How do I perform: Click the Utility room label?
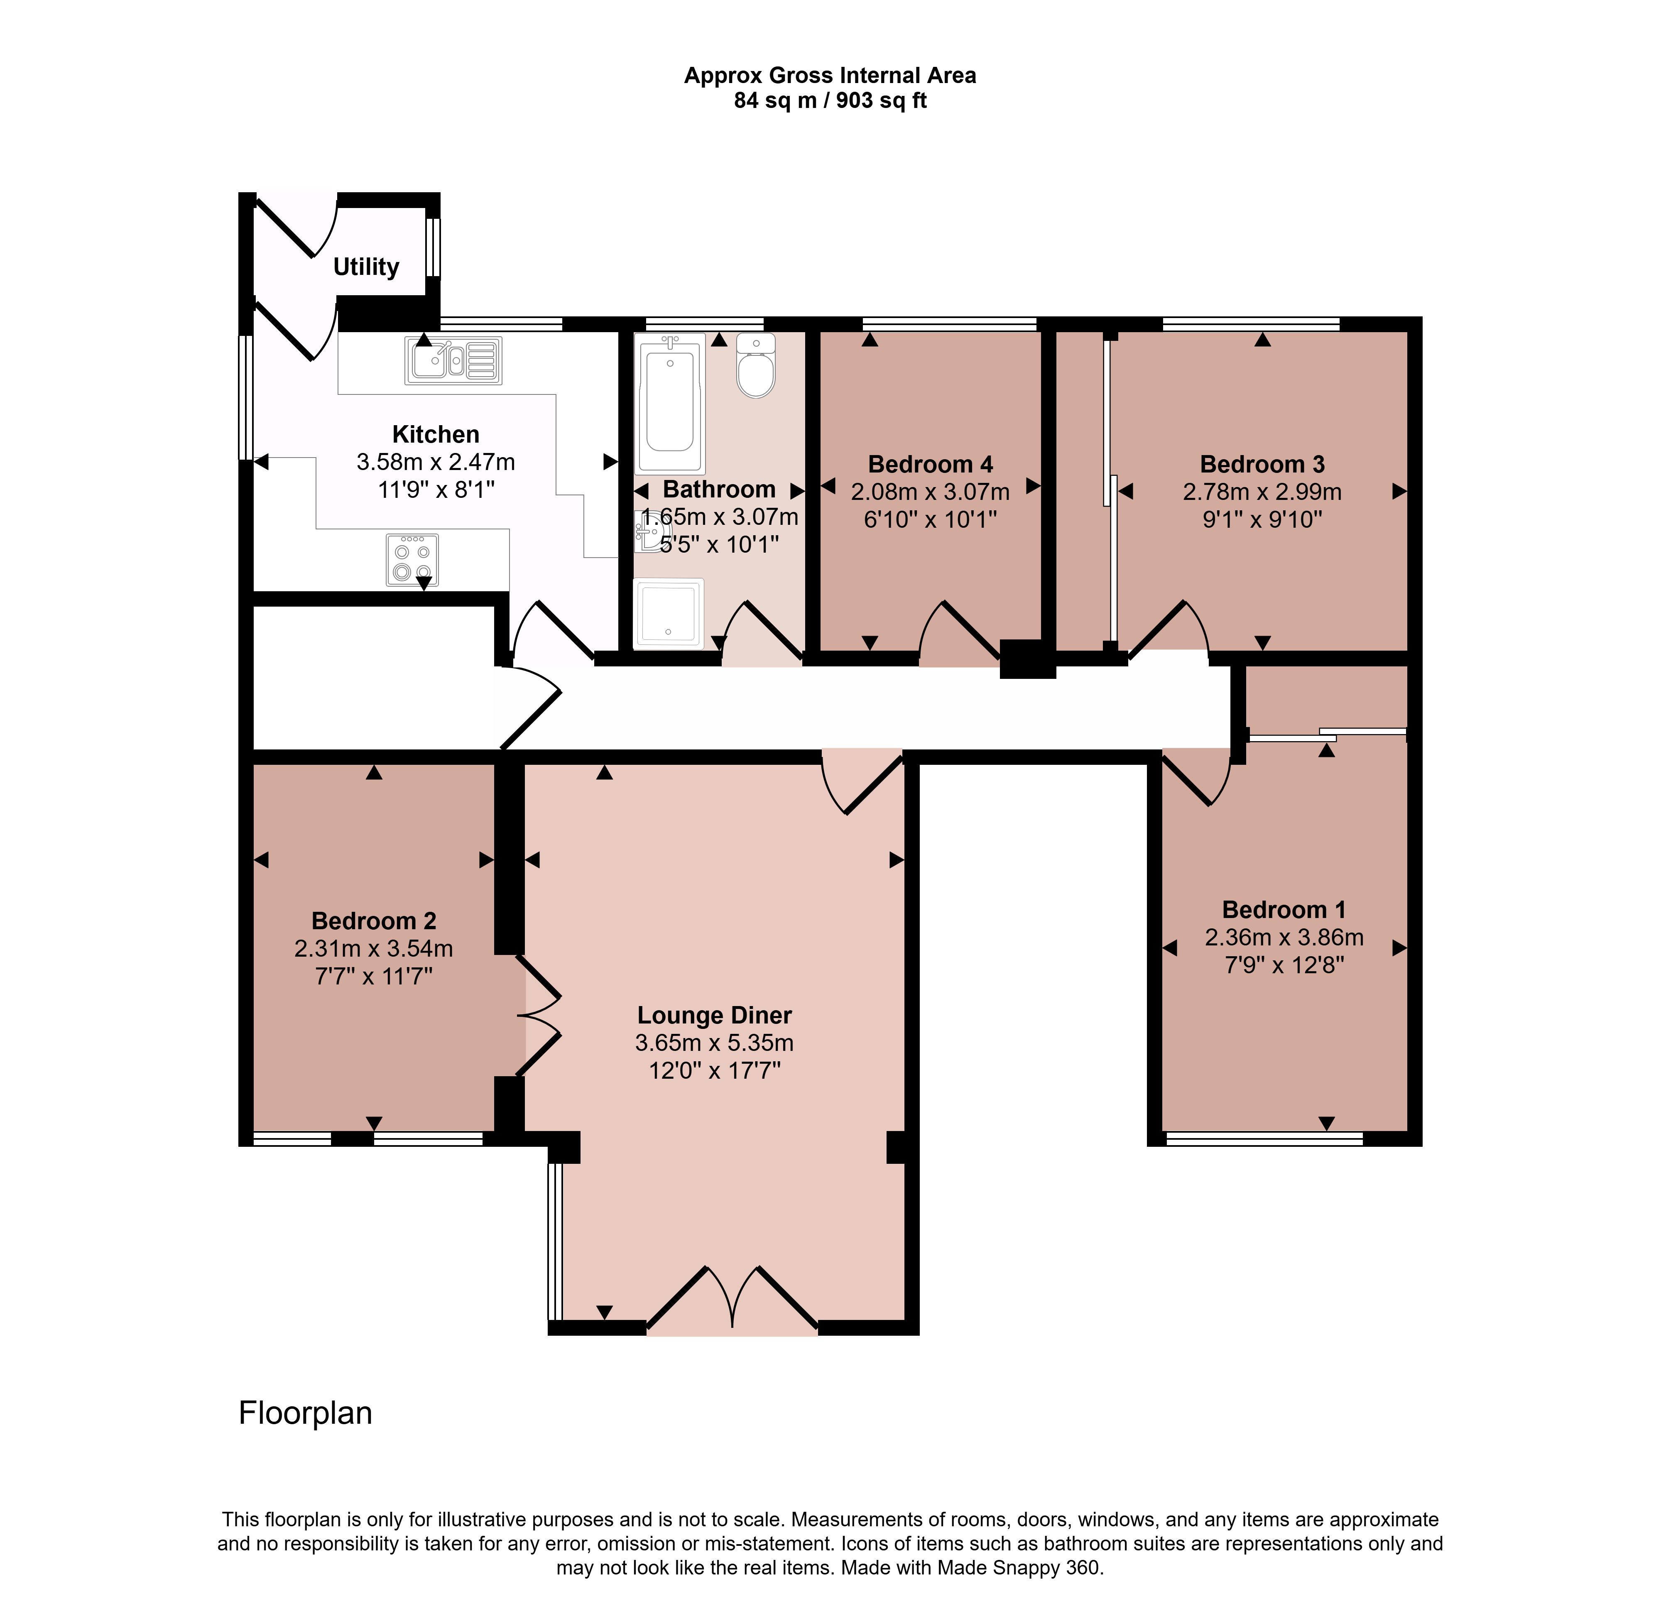coord(366,267)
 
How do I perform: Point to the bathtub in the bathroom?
coord(669,402)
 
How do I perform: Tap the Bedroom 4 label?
coord(931,464)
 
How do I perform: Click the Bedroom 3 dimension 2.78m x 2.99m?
coord(1262,492)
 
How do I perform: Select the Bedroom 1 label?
coord(1284,909)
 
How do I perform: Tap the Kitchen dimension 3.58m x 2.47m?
coord(436,462)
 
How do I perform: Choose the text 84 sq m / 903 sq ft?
coord(830,101)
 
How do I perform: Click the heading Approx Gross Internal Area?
coord(830,76)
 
